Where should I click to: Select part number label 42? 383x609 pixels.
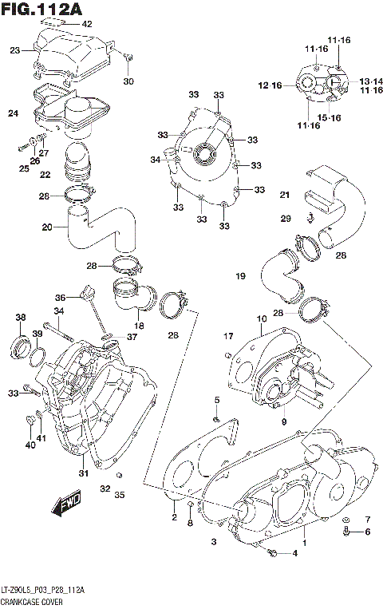tap(87, 25)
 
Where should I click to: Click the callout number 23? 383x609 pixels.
tap(14, 50)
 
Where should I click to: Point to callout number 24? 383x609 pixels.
tap(13, 114)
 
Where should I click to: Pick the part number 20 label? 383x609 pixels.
tap(47, 227)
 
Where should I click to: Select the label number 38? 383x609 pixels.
tap(20, 317)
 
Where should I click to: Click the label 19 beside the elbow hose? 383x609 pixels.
tap(239, 276)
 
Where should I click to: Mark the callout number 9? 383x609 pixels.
tap(282, 420)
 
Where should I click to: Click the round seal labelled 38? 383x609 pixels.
tap(22, 347)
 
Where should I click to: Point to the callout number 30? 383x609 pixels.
tap(128, 81)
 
